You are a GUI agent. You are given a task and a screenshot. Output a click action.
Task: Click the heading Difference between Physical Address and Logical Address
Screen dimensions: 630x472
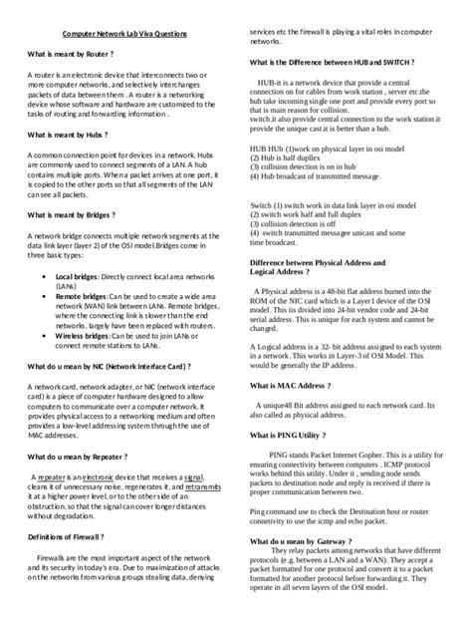pos(317,266)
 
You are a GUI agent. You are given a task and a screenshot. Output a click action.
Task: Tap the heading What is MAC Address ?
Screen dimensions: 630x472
pos(290,384)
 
